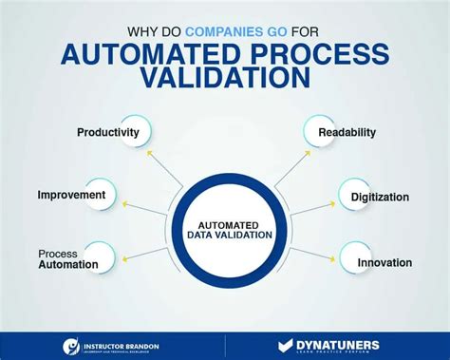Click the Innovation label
pos(384,262)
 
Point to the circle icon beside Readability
pos(317,133)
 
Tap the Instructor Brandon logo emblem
pos(72,347)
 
